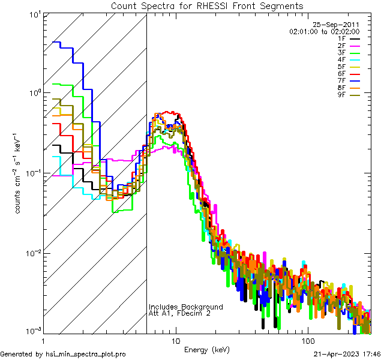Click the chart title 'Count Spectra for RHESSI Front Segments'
(207, 6)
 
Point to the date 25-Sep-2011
(341, 25)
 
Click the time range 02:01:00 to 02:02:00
(324, 31)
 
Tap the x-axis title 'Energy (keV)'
(206, 349)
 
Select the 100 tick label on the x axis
(307, 340)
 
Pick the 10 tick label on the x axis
(175, 340)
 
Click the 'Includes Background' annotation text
(185, 307)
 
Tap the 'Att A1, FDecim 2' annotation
(179, 313)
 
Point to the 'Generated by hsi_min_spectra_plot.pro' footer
(63, 355)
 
